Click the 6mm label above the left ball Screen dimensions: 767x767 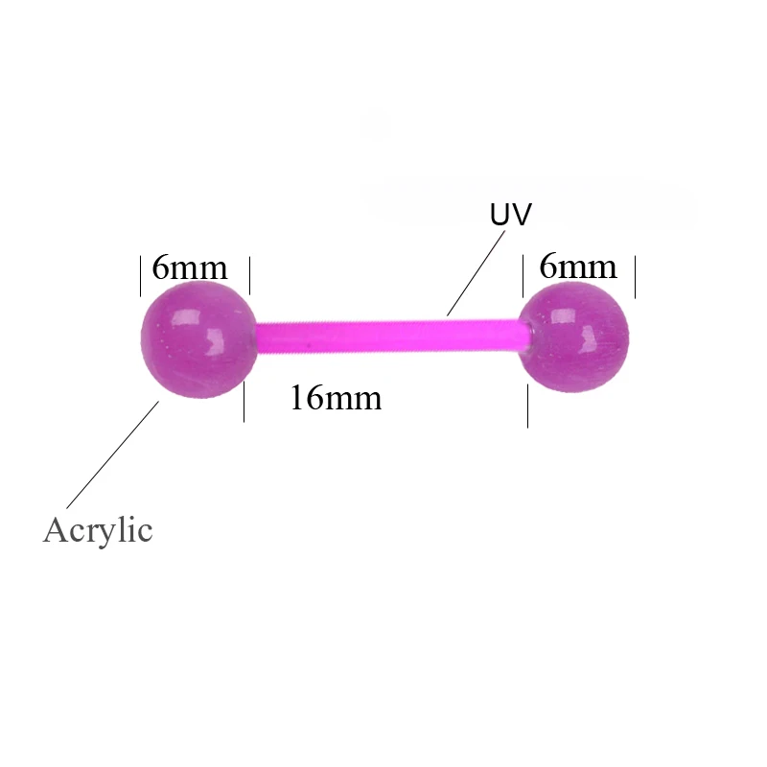(190, 267)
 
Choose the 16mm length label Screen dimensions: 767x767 (336, 397)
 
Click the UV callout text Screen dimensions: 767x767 (510, 215)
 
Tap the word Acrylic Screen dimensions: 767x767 (98, 529)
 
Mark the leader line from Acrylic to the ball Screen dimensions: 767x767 (112, 454)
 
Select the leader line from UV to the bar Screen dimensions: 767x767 (476, 272)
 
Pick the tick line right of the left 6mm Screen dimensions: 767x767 (249, 275)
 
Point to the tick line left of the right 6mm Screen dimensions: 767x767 (523, 275)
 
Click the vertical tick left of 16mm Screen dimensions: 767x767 (244, 401)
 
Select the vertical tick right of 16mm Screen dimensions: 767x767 (528, 406)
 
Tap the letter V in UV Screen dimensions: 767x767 (521, 215)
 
